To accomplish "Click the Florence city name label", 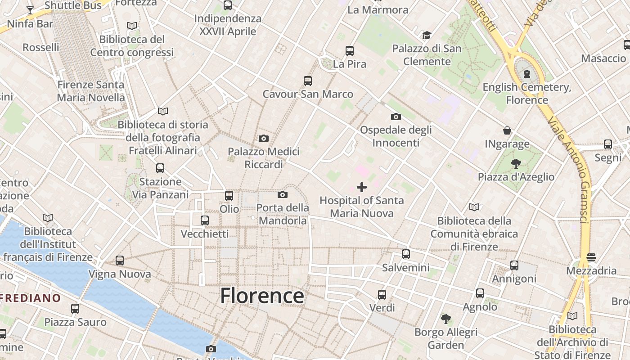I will (262, 296).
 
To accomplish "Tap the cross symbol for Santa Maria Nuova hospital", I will (362, 187).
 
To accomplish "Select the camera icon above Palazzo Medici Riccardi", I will (264, 138).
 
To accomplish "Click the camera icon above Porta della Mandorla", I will (283, 194).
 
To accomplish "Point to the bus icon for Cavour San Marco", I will (308, 81).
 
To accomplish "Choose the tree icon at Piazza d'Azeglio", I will (516, 164).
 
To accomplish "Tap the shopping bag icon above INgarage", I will (507, 131).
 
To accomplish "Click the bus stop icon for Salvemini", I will (406, 254).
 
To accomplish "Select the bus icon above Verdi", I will (382, 295).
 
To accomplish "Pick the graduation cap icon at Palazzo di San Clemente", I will (427, 35).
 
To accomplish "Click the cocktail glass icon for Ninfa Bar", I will (30, 10).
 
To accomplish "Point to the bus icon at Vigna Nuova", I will (120, 261).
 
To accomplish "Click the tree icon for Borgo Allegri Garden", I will (446, 319).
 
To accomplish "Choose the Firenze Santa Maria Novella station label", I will (91, 91).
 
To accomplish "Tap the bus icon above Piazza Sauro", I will (75, 309).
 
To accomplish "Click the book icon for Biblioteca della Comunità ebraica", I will (474, 207).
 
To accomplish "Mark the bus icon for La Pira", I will (350, 51).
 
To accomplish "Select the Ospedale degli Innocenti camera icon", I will (396, 117).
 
